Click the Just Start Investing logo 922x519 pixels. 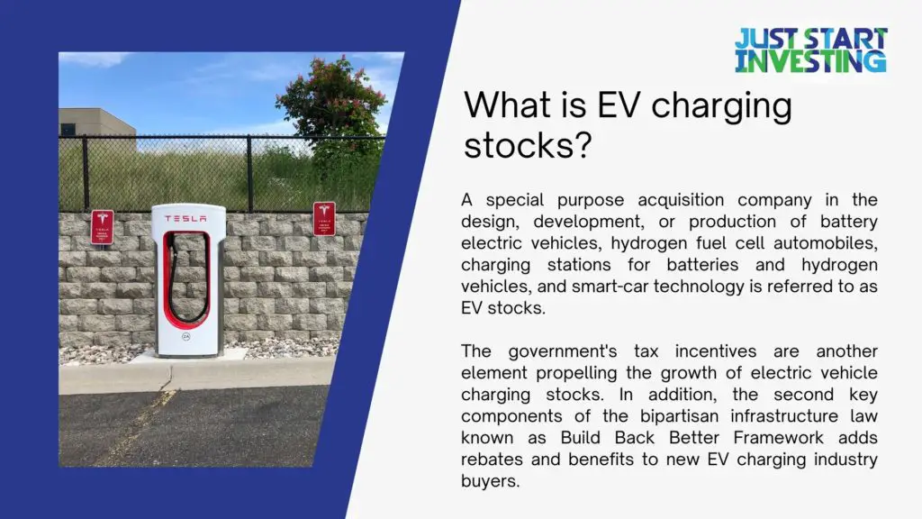(811, 50)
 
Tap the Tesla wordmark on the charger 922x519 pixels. (185, 218)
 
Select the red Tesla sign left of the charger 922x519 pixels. (103, 227)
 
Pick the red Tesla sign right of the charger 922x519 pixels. (324, 219)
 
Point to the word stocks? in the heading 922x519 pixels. (528, 145)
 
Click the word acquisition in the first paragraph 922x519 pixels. (681, 200)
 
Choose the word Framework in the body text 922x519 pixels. (778, 438)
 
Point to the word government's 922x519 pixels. (562, 352)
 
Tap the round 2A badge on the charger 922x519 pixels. (185, 337)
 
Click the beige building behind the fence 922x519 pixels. (97, 123)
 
